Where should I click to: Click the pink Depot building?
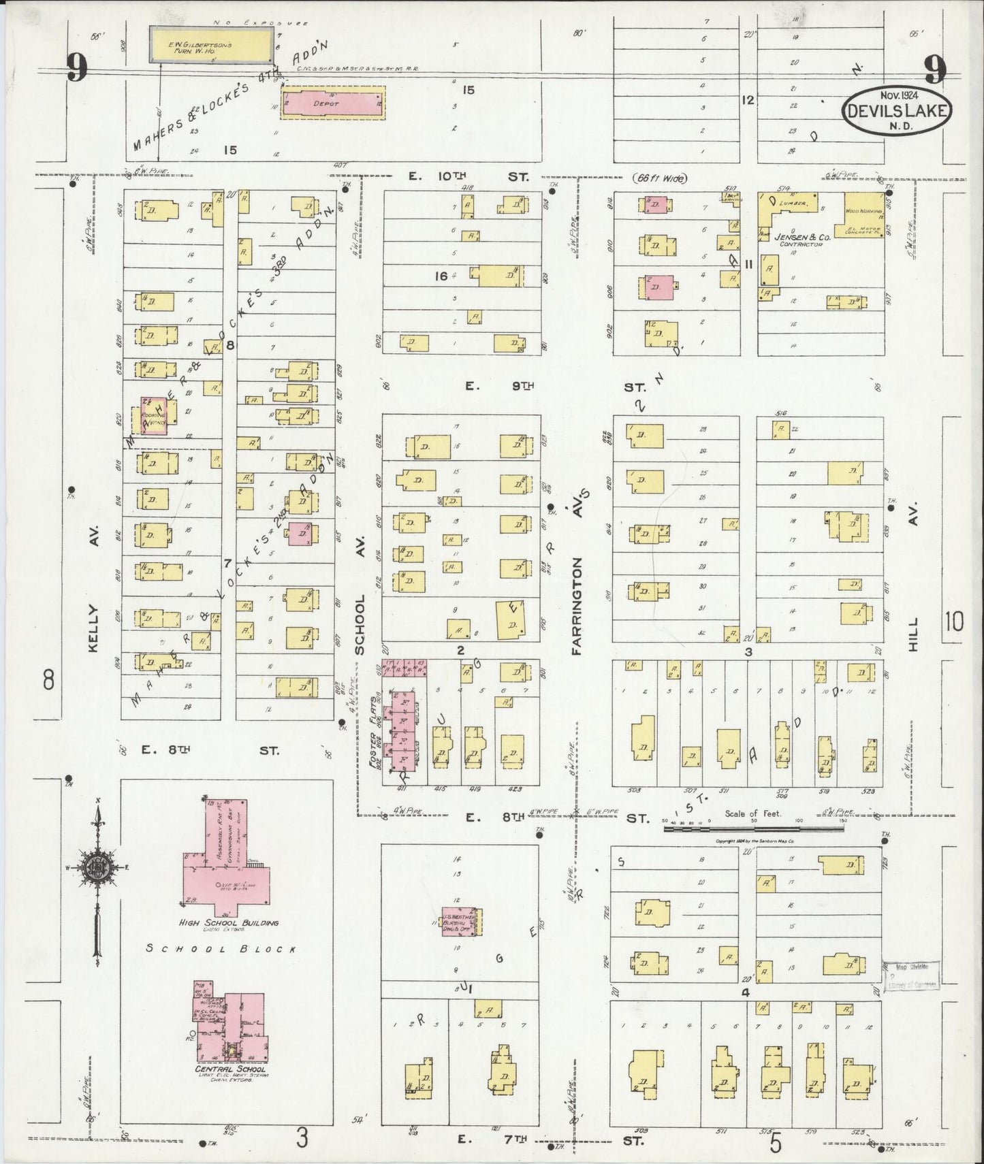coord(332,103)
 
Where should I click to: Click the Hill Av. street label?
coord(914,633)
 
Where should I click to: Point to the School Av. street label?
coord(360,623)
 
